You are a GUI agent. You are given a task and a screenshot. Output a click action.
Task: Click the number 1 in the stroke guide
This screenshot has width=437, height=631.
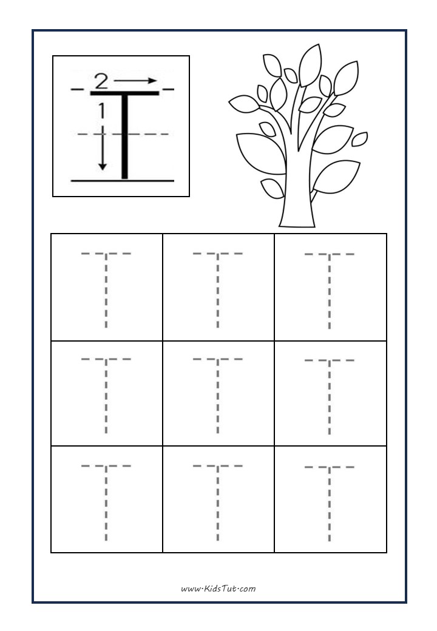[x=101, y=110]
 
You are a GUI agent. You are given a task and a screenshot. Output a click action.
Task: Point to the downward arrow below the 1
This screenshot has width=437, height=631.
[x=102, y=149]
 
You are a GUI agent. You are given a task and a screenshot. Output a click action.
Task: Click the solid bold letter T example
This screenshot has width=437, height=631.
[x=125, y=133]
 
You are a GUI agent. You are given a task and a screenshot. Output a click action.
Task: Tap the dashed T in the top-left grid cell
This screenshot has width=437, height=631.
[x=106, y=288]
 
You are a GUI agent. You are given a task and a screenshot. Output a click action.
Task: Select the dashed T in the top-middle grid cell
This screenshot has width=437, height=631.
[x=218, y=288]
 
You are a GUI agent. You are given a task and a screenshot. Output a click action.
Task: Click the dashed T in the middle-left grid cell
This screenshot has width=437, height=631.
[x=106, y=394]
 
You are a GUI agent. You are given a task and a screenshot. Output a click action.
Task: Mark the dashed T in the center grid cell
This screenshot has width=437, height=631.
[x=218, y=394]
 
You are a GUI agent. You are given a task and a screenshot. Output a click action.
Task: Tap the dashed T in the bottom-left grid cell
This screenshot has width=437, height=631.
[x=106, y=501]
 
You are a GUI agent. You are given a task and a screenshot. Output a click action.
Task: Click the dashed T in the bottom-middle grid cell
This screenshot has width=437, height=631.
[x=218, y=501]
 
